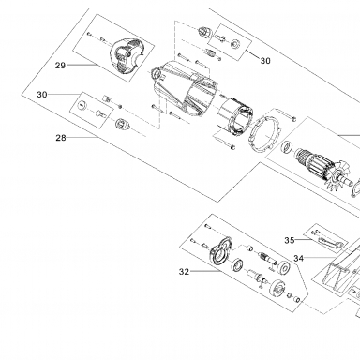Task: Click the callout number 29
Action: point(60,66)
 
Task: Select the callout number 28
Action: point(61,138)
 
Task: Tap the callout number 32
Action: point(184,272)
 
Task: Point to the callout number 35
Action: point(290,240)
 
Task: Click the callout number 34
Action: point(298,259)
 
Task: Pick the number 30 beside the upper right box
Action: point(265,61)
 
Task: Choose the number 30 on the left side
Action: point(42,95)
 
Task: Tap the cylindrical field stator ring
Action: point(235,118)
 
